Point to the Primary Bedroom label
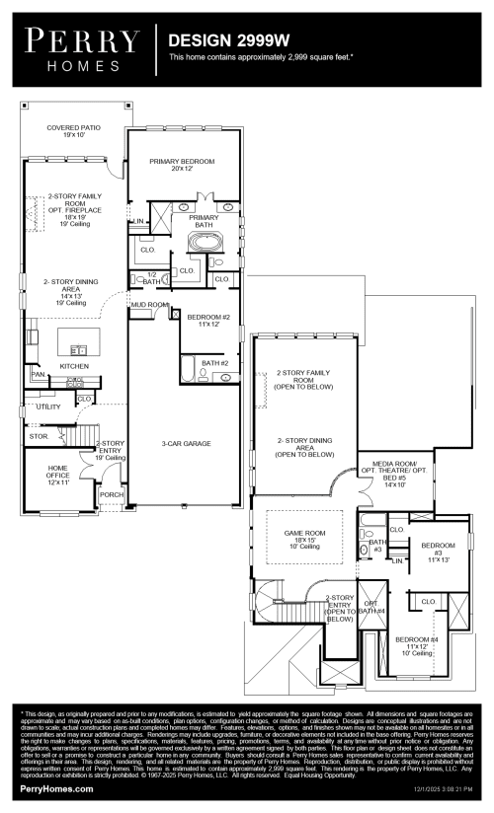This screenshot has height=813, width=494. coord(182,165)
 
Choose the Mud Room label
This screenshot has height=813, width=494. coord(150,306)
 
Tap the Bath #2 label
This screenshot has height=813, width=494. coord(214,364)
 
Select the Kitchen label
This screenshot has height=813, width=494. coord(74,366)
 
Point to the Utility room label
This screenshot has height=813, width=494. coord(48,406)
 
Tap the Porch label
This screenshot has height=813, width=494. coord(112,495)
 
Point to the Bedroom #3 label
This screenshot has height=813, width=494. coord(438,550)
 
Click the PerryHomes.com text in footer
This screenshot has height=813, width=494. coord(57,789)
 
